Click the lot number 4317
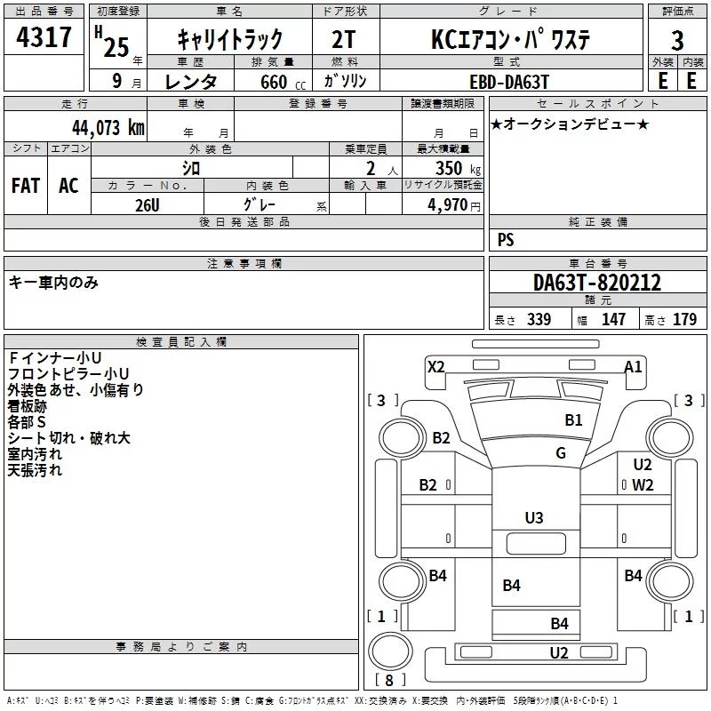(44, 37)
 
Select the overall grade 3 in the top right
(677, 41)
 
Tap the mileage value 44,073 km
(108, 128)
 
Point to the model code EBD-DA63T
(509, 82)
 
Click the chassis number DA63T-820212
(597, 283)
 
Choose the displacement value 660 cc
(283, 82)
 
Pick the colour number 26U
(148, 205)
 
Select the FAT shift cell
(26, 186)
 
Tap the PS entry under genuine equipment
(506, 239)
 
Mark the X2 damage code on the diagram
(435, 366)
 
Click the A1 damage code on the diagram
(633, 366)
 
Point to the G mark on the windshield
(561, 452)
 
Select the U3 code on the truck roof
(534, 517)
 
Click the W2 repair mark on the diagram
(643, 485)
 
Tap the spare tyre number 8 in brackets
(389, 680)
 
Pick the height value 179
(684, 319)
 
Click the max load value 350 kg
(458, 168)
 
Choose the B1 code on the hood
(573, 419)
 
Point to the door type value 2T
(343, 40)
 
